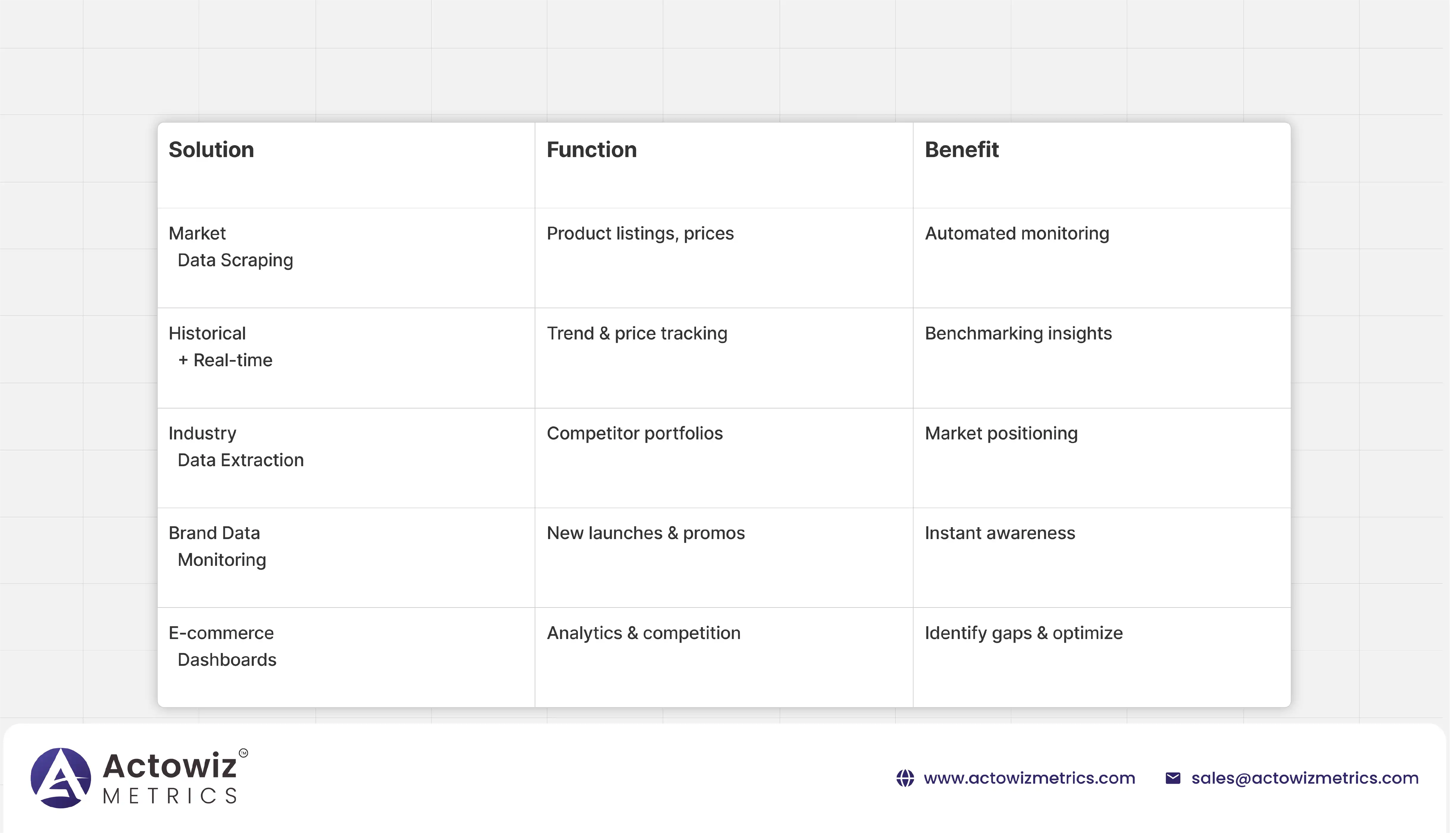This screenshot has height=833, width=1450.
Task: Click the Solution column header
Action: (211, 150)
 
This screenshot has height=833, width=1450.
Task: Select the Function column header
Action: (592, 150)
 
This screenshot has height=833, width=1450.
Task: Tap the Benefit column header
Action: (962, 150)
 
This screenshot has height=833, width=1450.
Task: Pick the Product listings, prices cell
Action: (640, 234)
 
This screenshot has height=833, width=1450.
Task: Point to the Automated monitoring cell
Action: (1017, 234)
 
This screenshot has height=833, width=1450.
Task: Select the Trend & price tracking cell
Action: (637, 333)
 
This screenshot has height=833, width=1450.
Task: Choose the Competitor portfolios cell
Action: (635, 433)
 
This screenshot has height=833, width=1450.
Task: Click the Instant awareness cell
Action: (1000, 533)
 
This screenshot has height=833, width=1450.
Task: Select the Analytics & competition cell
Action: (644, 633)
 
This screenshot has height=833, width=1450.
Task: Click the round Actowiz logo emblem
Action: (61, 778)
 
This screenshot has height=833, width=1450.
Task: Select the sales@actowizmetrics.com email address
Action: (1305, 778)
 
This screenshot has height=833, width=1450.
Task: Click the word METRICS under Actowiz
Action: (170, 796)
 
